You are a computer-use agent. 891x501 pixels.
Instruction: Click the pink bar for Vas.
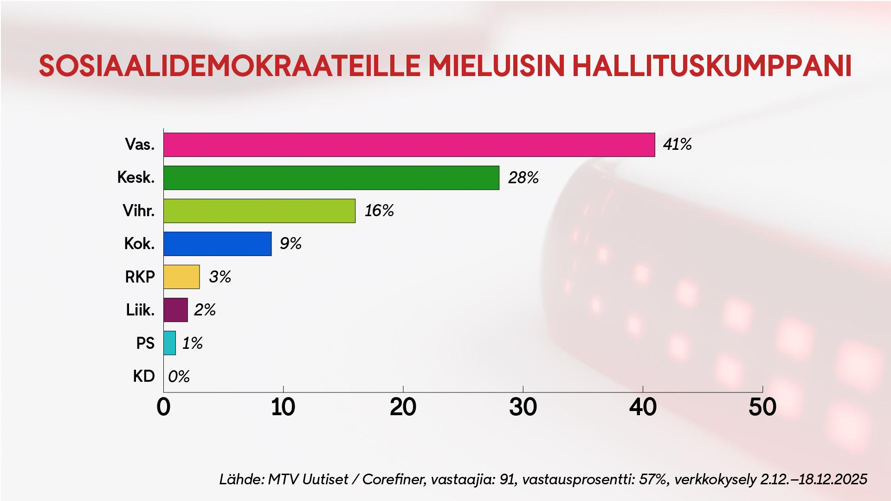pos(409,145)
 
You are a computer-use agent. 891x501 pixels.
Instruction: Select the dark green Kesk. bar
pos(331,178)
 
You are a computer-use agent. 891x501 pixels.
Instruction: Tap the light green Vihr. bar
pos(259,211)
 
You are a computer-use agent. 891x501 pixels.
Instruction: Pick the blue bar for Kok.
pos(217,244)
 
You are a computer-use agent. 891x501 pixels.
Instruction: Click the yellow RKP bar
pos(181,277)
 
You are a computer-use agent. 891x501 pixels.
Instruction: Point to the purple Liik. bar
pos(175,310)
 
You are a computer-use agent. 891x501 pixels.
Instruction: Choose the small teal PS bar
pos(169,343)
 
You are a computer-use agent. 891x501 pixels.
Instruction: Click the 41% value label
pos(677,145)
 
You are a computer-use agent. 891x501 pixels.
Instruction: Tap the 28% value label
pos(523,178)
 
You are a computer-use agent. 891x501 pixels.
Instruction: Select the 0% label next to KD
pos(179,376)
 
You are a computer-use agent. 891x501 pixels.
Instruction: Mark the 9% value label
pos(291,244)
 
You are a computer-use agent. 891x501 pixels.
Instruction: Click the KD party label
pos(143,376)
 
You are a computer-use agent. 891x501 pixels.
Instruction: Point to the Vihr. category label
pos(138,211)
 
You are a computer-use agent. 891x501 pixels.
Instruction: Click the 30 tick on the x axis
pos(523,407)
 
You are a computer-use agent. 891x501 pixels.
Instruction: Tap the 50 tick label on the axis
pos(762,407)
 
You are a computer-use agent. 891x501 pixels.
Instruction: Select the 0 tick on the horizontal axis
pos(163,407)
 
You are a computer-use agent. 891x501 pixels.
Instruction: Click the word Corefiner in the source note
pos(394,479)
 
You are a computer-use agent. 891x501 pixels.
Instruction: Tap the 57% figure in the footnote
pos(652,479)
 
